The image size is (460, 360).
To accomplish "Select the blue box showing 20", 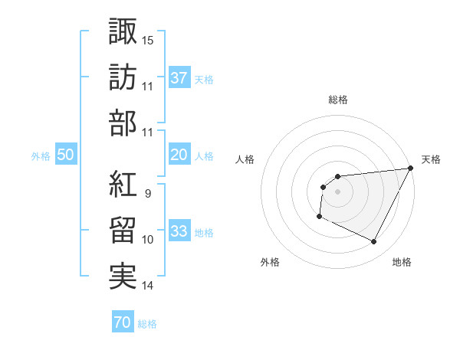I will [179, 155].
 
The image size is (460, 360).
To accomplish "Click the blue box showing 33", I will [179, 232].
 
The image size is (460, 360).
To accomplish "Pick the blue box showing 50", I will [66, 155].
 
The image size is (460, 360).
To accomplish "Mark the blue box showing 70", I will [122, 322].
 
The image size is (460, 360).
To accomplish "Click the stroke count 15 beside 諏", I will [147, 38].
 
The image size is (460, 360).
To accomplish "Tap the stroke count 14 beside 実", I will [147, 286].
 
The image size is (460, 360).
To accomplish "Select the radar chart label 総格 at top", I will [337, 100].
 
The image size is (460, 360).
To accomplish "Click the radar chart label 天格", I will [431, 159].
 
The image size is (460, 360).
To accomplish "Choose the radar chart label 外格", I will [270, 262].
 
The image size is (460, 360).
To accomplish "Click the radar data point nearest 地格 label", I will [374, 242].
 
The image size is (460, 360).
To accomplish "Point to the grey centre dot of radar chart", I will [337, 191].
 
